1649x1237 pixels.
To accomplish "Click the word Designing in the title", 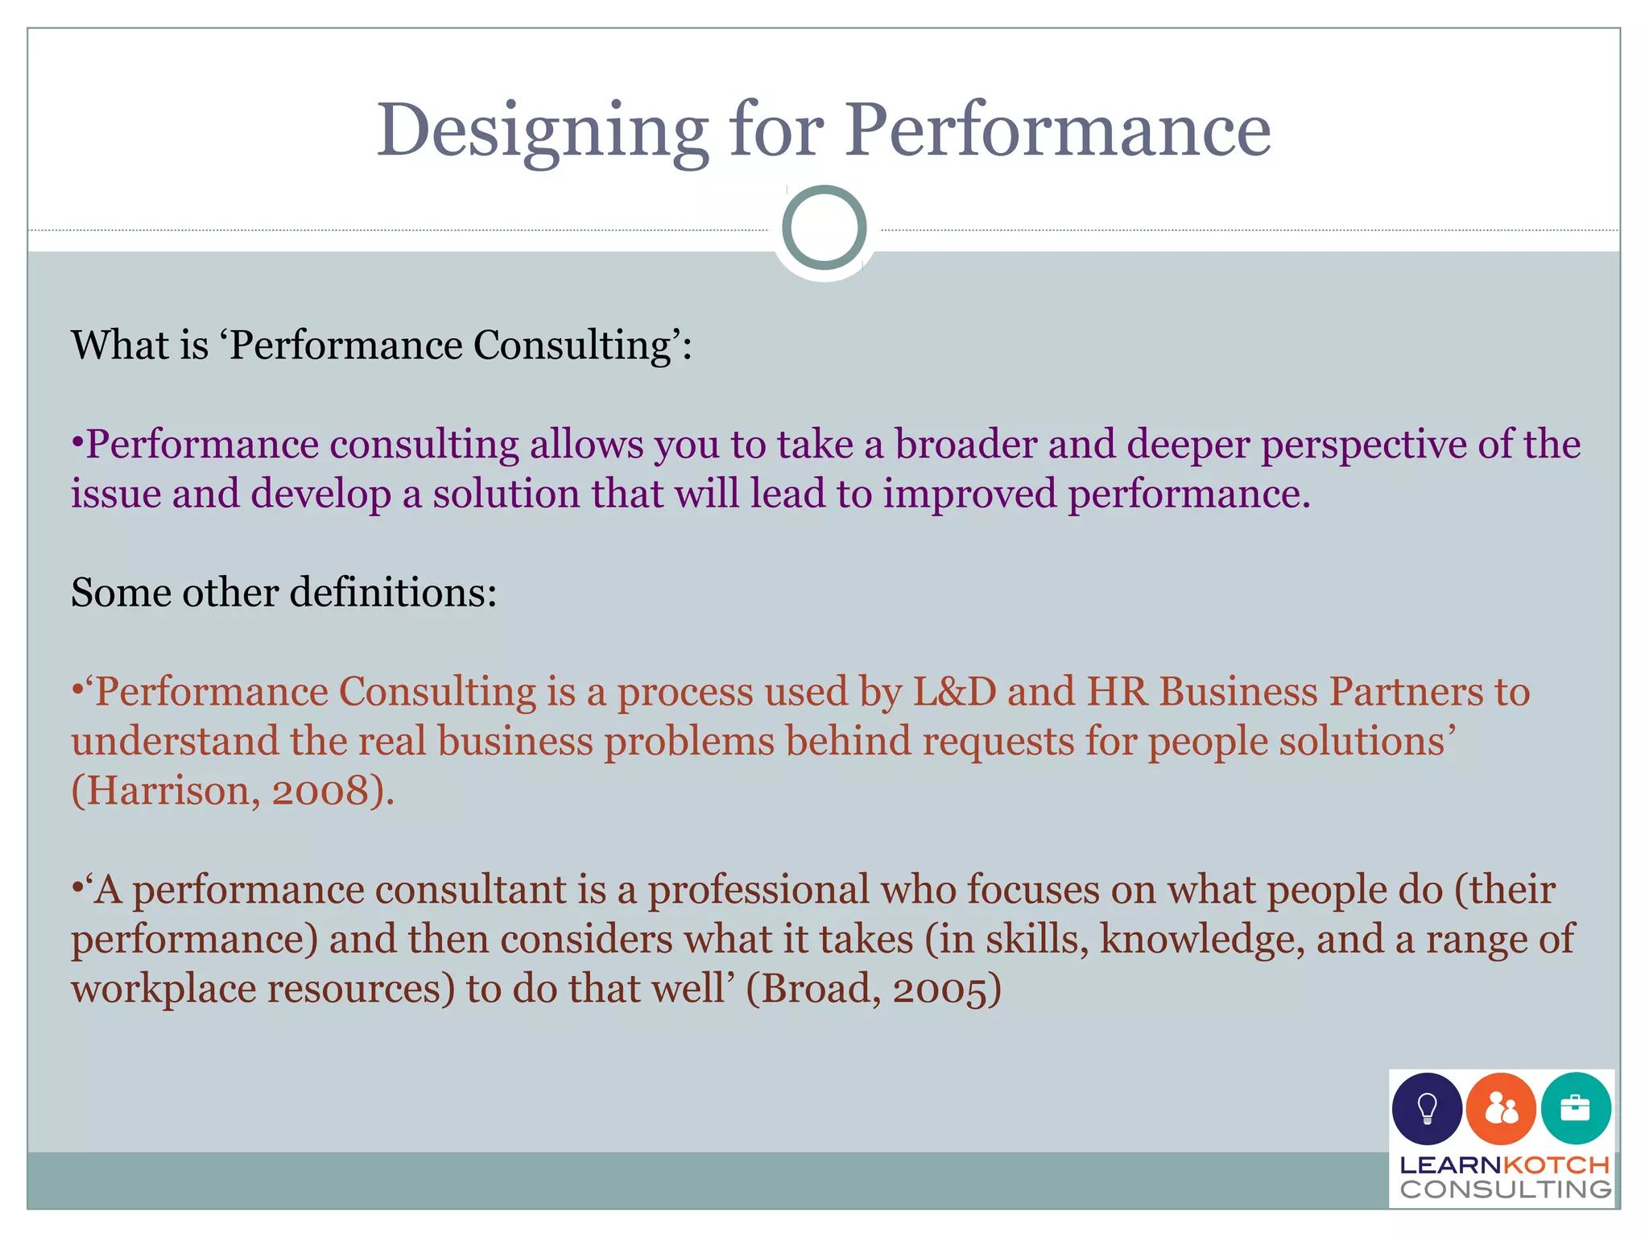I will (542, 131).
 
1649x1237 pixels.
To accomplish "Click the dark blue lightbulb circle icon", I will (1427, 1109).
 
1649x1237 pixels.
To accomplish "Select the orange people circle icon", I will (1501, 1109).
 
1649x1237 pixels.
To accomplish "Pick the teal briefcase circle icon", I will (1576, 1109).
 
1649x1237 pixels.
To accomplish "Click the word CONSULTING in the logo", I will (1506, 1189).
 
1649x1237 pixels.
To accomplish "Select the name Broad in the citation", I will (815, 989).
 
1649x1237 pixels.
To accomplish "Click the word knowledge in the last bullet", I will (1201, 940).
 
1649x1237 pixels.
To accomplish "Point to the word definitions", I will (393, 593).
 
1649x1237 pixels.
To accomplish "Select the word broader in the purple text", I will (965, 445).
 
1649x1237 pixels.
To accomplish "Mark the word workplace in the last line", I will (163, 989).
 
